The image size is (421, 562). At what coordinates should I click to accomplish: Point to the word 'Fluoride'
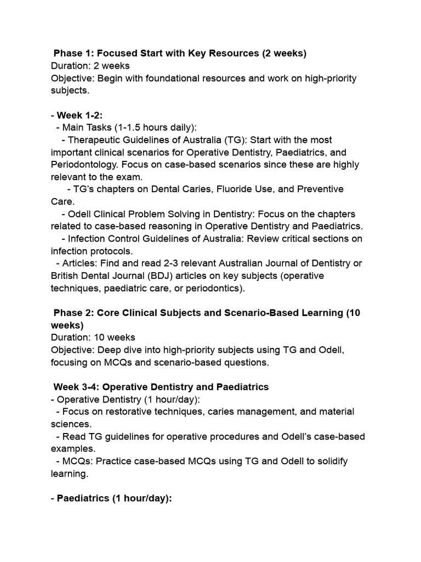pyautogui.click(x=224, y=189)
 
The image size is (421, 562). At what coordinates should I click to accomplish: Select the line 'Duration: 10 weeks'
pyautogui.click(x=93, y=338)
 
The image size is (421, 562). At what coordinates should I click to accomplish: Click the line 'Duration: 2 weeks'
pyautogui.click(x=90, y=66)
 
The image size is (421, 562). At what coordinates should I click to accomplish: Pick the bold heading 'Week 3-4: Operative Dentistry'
pyautogui.click(x=161, y=387)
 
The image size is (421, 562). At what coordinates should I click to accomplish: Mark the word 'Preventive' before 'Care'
pyautogui.click(x=320, y=189)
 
